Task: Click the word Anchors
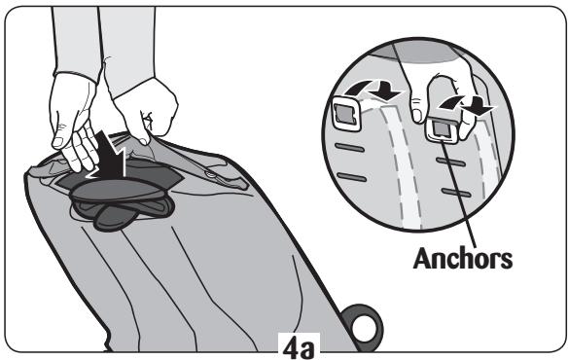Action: pos(463,259)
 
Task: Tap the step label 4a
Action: pos(299,348)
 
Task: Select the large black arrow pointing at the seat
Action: pos(107,156)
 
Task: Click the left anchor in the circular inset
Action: pos(346,114)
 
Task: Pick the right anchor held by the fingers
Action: pos(442,130)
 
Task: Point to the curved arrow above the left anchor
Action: pos(374,90)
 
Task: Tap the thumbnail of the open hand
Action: pos(58,142)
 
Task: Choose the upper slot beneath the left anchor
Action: pos(349,147)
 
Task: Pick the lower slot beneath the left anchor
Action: pos(351,177)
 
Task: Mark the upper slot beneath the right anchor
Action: pos(451,162)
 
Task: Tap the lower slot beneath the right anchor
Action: pos(456,192)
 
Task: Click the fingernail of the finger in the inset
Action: pos(417,116)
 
